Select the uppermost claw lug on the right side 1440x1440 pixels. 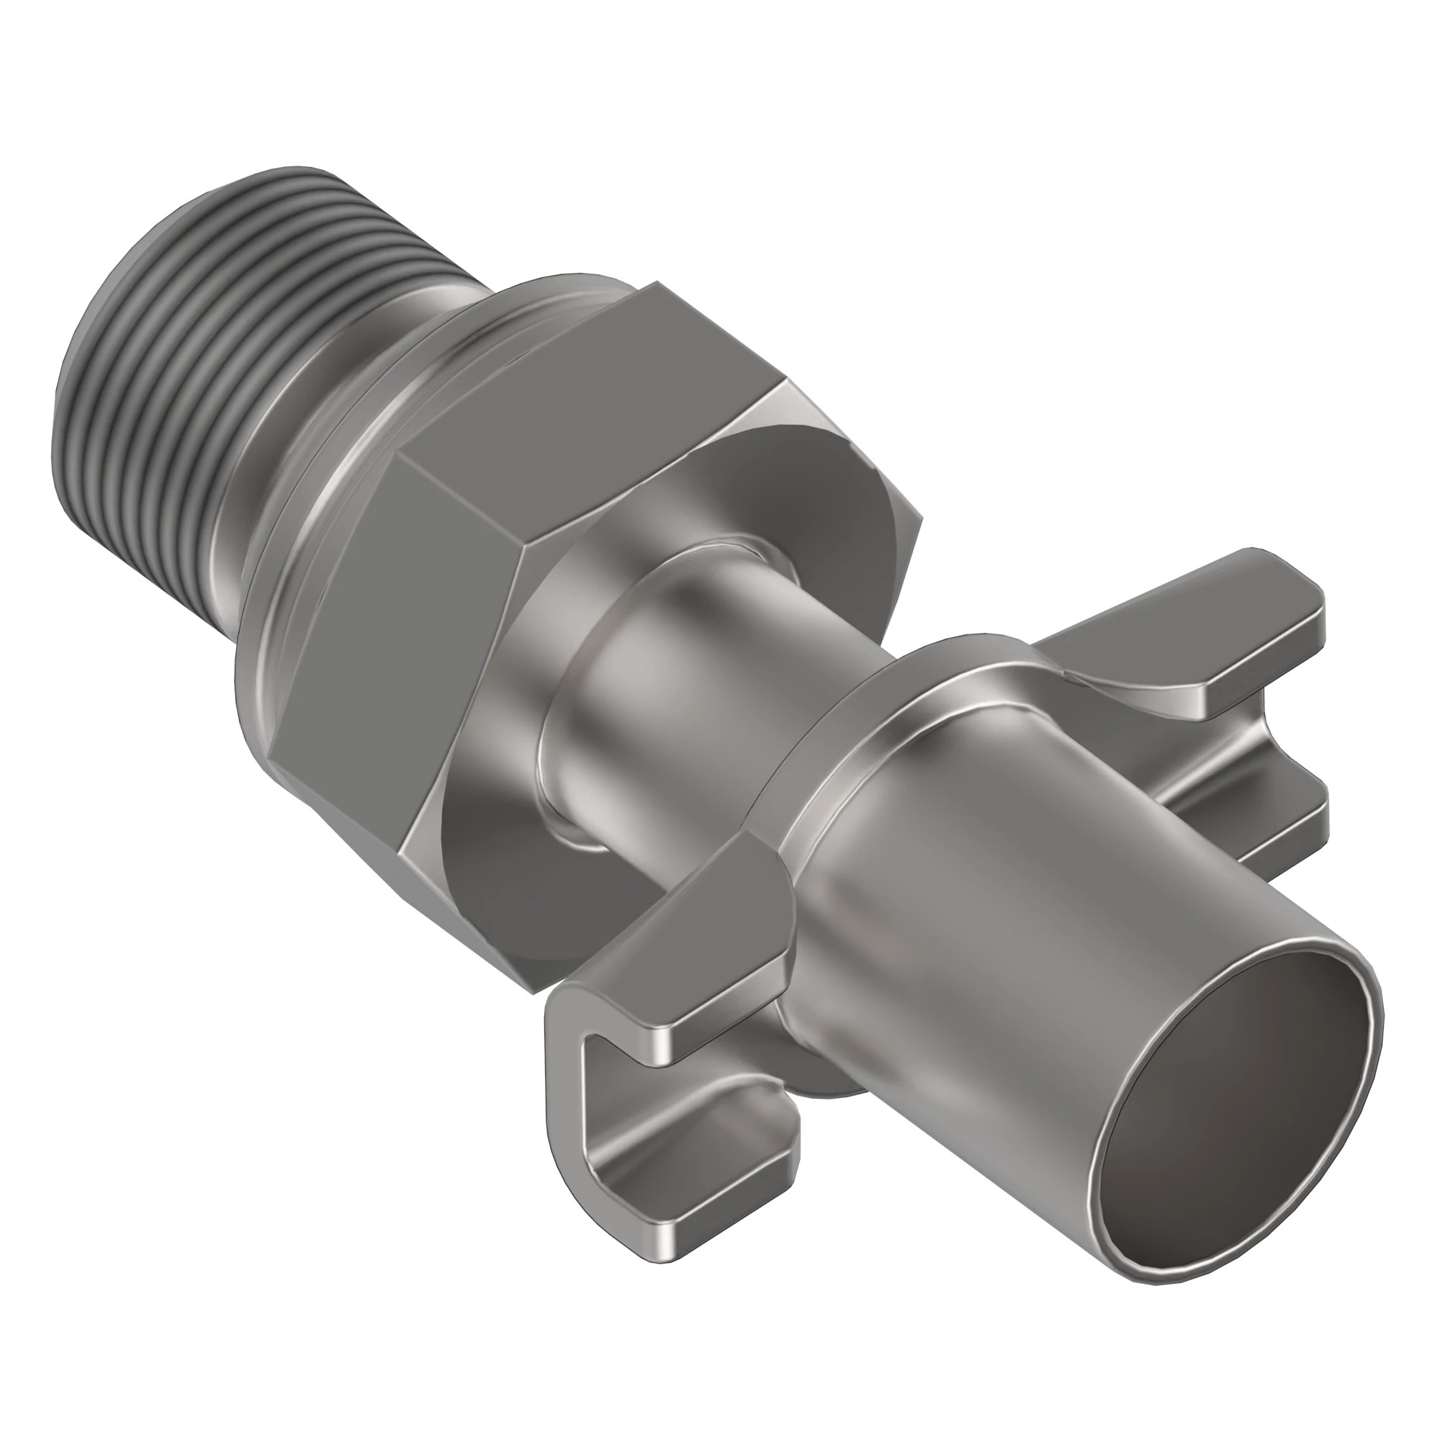click(x=1192, y=618)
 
